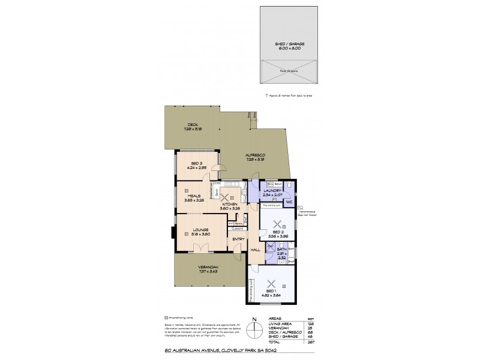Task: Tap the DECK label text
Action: (x=191, y=125)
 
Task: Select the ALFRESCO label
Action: (x=255, y=155)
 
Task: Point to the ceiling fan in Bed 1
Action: (x=272, y=284)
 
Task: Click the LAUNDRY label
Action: (x=272, y=191)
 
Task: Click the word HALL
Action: (x=254, y=250)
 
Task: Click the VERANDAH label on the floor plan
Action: (x=208, y=267)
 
